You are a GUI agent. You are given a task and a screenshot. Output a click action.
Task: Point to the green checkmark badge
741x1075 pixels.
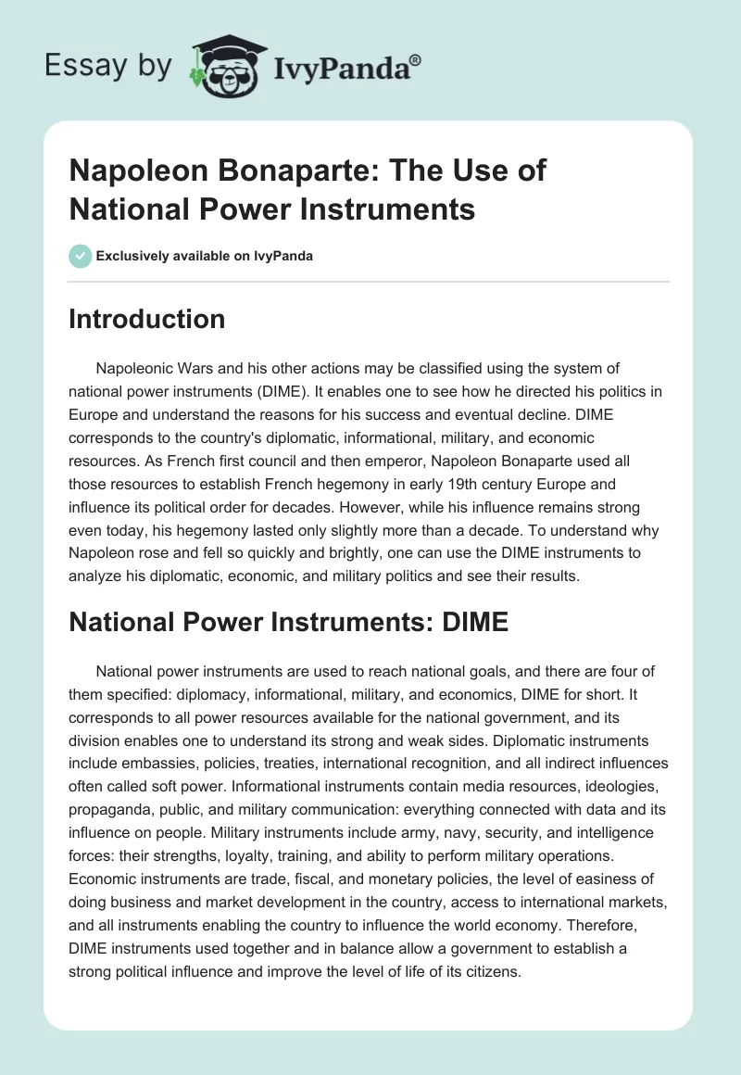(81, 256)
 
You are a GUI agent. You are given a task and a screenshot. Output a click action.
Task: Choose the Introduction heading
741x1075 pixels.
(147, 319)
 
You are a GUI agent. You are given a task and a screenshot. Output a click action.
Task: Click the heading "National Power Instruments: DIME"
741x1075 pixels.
(289, 621)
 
